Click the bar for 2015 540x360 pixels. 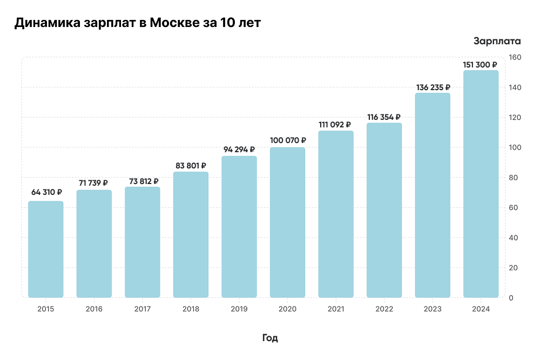pyautogui.click(x=46, y=249)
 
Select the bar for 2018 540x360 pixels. pyautogui.click(x=191, y=235)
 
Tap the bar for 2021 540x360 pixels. pyautogui.click(x=336, y=214)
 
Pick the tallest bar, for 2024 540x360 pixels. pyautogui.click(x=481, y=184)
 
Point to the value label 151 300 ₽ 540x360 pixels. pyautogui.click(x=481, y=65)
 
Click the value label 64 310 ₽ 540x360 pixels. pyautogui.click(x=46, y=192)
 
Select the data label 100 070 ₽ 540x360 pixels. pyautogui.click(x=287, y=140)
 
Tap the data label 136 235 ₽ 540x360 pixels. pyautogui.click(x=433, y=87)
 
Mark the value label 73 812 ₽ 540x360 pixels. pyautogui.click(x=142, y=181)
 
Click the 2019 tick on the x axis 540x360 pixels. pyautogui.click(x=239, y=309)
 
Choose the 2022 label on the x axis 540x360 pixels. pyautogui.click(x=384, y=309)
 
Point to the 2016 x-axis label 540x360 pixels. pyautogui.click(x=94, y=309)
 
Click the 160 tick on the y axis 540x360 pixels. pyautogui.click(x=515, y=57)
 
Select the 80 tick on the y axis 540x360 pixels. pyautogui.click(x=515, y=178)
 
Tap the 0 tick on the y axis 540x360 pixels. pyautogui.click(x=511, y=298)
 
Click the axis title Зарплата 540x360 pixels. pyautogui.click(x=497, y=41)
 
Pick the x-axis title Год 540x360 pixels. pyautogui.click(x=270, y=338)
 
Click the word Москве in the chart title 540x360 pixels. pyautogui.click(x=173, y=24)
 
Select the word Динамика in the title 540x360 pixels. pyautogui.click(x=46, y=24)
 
